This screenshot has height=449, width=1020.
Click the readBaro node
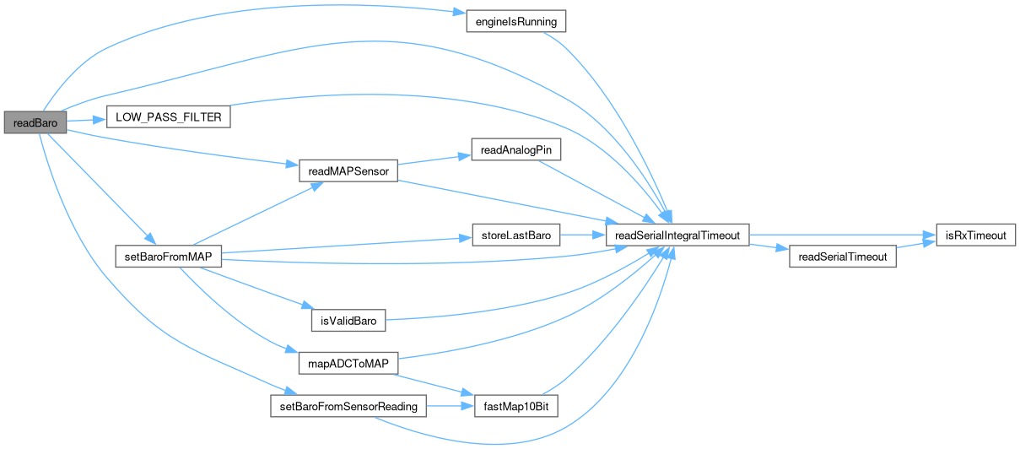(x=35, y=122)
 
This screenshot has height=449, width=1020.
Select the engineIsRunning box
(x=515, y=21)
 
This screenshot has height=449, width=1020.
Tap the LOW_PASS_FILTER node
(x=169, y=117)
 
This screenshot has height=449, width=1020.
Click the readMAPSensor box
(x=348, y=171)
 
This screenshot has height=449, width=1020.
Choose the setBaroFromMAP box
(x=168, y=256)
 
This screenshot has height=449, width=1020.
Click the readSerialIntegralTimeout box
(x=677, y=235)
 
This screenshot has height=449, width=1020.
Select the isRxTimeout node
(x=974, y=235)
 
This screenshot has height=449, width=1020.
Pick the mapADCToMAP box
(x=348, y=364)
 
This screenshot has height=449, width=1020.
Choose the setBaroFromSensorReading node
(x=348, y=407)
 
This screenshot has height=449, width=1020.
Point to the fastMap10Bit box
(x=515, y=407)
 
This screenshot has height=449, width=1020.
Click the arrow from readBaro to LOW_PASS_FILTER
(x=85, y=121)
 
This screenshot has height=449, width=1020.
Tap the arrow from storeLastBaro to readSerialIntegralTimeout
(x=583, y=235)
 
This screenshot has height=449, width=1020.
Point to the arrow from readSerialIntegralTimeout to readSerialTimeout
(x=768, y=246)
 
